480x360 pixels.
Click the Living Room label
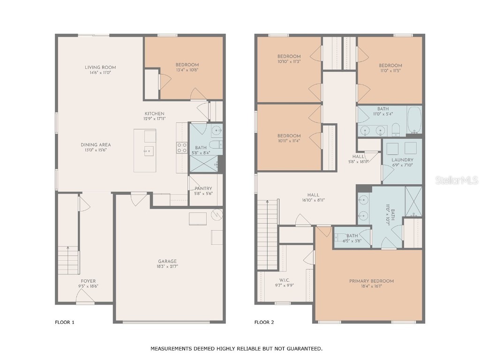tap(100, 67)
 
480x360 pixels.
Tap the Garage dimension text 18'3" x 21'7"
tap(167, 266)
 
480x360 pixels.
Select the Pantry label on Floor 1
tap(203, 188)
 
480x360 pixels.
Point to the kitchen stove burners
tap(182, 148)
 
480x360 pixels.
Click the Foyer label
tap(88, 281)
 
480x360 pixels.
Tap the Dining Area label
tap(96, 145)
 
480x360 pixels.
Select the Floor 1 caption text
tap(65, 322)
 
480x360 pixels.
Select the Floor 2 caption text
tap(264, 322)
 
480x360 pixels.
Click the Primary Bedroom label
tap(371, 281)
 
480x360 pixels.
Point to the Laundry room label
tap(402, 160)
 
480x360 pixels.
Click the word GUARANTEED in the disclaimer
tap(301, 349)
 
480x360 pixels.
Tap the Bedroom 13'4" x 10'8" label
tap(187, 65)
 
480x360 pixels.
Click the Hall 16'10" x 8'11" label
tap(313, 195)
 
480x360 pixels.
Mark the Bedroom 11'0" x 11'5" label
tap(390, 65)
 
